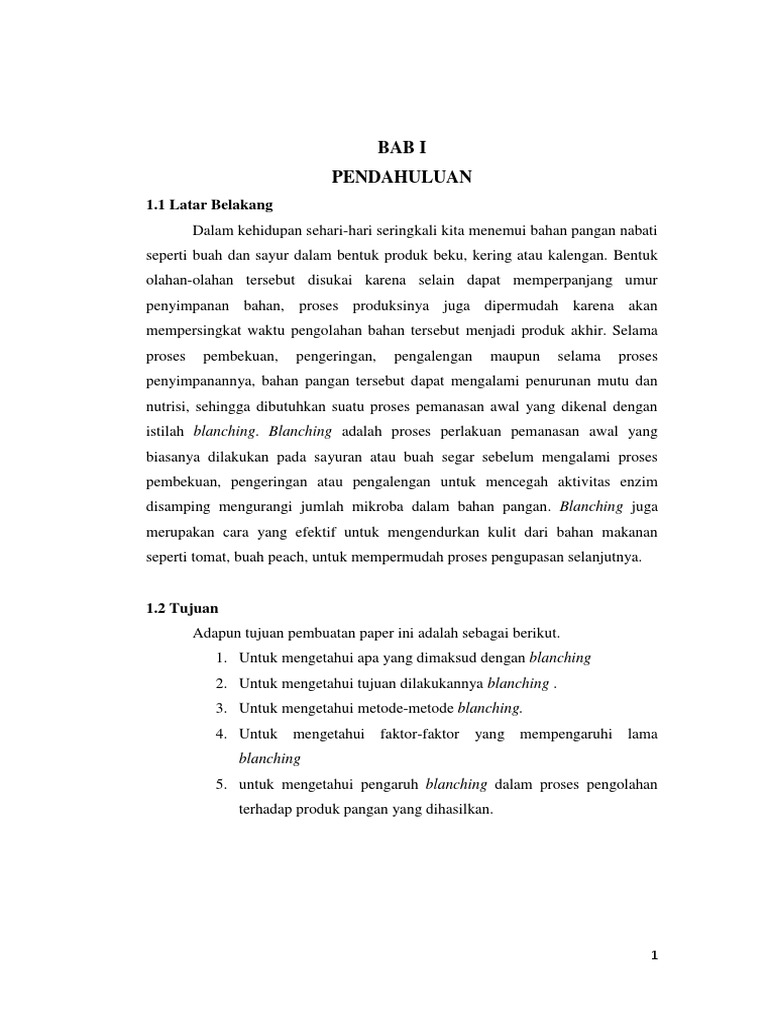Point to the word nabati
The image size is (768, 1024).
(638, 230)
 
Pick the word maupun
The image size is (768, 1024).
(513, 356)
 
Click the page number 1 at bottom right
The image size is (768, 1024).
(655, 955)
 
